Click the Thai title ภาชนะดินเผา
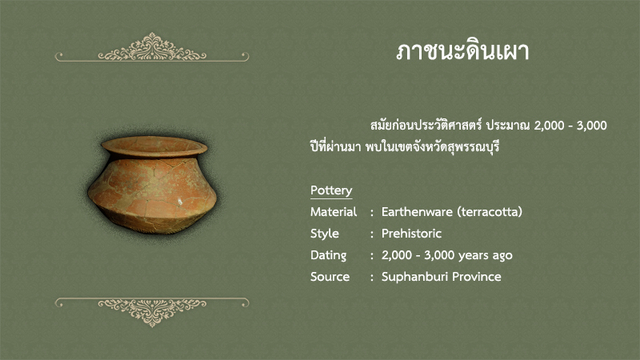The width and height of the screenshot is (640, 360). [x=462, y=51]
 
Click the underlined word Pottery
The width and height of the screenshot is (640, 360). [x=331, y=190]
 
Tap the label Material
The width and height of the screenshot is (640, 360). [x=334, y=212]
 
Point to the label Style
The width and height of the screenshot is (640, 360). [x=325, y=234]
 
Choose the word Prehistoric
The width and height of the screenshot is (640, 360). [x=411, y=234]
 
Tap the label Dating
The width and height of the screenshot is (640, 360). [x=328, y=255]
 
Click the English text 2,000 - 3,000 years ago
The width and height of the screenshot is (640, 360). [x=447, y=255]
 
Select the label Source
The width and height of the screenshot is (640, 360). [x=330, y=277]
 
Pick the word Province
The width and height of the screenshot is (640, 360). [x=477, y=277]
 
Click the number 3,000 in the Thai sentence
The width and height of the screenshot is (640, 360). [x=591, y=126]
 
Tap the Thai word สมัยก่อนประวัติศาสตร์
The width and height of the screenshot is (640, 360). [x=426, y=125]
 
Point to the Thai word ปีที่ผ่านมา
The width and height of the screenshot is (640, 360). [x=335, y=146]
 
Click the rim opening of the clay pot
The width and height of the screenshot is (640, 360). [x=154, y=146]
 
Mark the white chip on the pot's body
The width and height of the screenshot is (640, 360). [x=179, y=202]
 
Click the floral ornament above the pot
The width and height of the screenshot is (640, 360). [x=152, y=47]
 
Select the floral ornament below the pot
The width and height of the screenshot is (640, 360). [x=152, y=312]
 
